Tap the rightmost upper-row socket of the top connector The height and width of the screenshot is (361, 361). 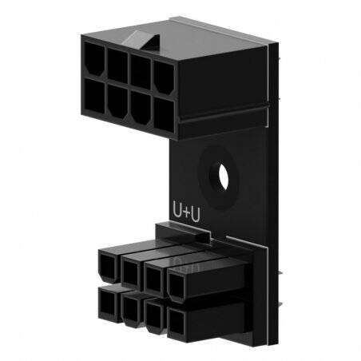coord(164,74)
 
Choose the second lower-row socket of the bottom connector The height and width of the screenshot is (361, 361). coord(130,310)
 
